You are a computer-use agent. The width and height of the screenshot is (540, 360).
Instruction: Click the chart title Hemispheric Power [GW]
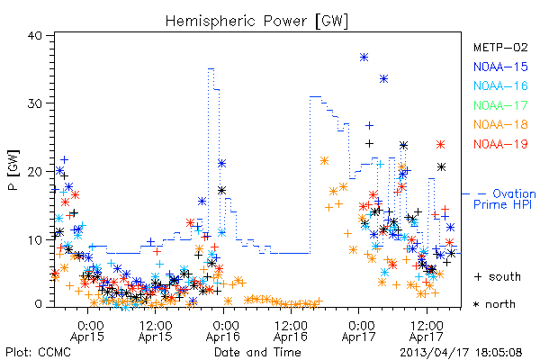(256, 21)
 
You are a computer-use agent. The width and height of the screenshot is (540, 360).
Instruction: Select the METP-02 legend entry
(500, 47)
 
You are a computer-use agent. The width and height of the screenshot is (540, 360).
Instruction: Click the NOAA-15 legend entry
(500, 67)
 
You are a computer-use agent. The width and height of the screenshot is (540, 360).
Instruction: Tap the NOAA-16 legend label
(500, 85)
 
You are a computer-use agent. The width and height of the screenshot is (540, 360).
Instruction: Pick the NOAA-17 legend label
(500, 105)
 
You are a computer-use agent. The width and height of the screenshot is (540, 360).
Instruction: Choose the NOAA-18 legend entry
(500, 124)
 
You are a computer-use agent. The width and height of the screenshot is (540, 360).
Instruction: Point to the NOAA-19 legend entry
(500, 144)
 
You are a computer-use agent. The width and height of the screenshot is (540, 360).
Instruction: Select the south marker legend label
(498, 276)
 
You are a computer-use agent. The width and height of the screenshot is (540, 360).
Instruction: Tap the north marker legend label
(494, 304)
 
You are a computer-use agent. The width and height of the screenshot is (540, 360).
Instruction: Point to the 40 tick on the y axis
(35, 36)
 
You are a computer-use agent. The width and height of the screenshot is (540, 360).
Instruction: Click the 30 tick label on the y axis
(35, 103)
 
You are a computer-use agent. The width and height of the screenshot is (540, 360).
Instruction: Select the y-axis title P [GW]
(13, 170)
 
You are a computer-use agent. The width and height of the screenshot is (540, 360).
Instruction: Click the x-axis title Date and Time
(257, 352)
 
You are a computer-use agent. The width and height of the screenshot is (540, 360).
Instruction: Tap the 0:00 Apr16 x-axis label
(223, 331)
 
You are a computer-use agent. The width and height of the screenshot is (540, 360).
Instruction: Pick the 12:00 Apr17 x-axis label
(427, 331)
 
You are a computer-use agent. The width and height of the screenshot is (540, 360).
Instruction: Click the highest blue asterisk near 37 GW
(364, 58)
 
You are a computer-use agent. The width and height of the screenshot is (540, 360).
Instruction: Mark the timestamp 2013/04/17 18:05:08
(461, 353)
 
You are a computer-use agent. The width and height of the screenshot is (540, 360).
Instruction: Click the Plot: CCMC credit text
(38, 352)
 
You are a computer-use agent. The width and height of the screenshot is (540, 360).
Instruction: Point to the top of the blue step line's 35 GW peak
(211, 69)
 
